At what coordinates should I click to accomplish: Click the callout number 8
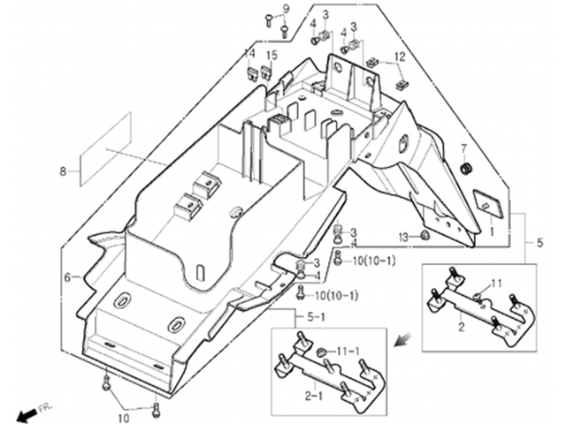[63, 171]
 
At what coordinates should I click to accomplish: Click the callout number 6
[67, 277]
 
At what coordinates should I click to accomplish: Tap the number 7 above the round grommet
[463, 148]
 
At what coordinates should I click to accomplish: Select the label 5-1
[316, 317]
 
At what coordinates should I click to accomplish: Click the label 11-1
[348, 352]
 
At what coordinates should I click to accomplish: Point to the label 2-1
[314, 396]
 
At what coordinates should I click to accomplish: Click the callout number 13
[403, 238]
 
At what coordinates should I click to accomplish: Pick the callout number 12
[400, 57]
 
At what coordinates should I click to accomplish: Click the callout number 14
[249, 53]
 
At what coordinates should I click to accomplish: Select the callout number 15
[272, 55]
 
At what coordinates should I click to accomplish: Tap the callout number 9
[286, 9]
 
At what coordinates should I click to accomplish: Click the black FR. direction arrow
[27, 414]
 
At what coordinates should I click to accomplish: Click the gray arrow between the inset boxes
[403, 339]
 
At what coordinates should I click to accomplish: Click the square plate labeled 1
[488, 204]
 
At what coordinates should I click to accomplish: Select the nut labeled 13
[424, 236]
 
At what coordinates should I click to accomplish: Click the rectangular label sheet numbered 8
[105, 149]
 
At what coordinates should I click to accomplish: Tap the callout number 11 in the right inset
[497, 284]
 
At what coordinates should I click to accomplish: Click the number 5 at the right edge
[539, 243]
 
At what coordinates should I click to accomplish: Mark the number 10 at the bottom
[124, 418]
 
